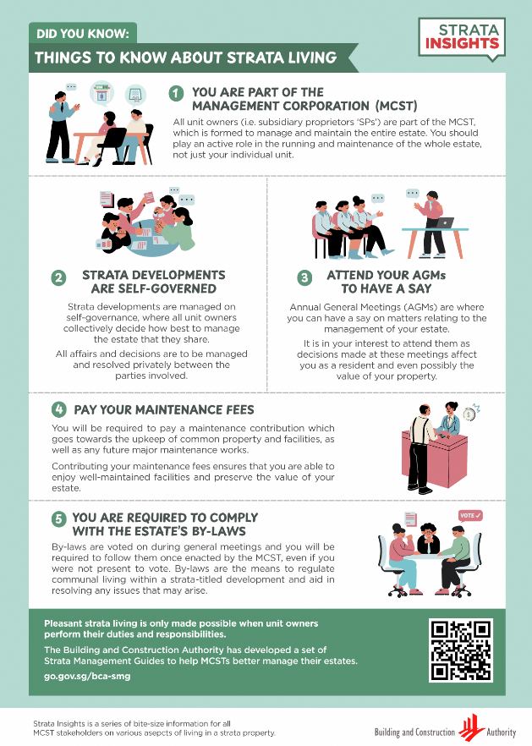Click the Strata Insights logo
click(x=462, y=40)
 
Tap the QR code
click(x=461, y=650)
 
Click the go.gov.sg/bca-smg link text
click(x=87, y=676)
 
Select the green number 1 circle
click(x=176, y=93)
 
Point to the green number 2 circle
click(x=58, y=277)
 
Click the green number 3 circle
click(x=304, y=277)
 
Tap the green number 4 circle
click(x=59, y=409)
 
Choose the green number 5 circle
click(x=59, y=518)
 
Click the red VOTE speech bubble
click(x=470, y=516)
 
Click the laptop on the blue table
click(x=444, y=222)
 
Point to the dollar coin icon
click(x=469, y=414)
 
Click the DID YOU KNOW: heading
click(x=83, y=33)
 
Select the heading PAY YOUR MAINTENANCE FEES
click(x=164, y=409)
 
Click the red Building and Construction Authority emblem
click(x=471, y=727)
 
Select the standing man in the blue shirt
click(x=61, y=126)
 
